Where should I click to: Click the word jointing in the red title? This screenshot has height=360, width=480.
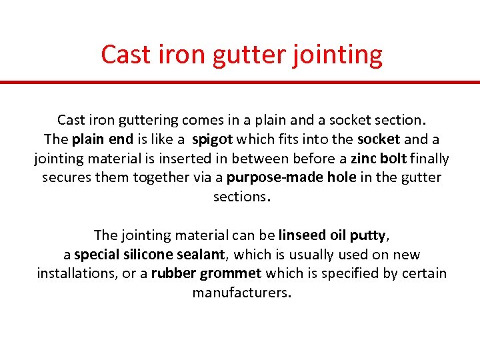pyautogui.click(x=337, y=55)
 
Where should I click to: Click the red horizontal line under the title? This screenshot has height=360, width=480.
pyautogui.click(x=240, y=83)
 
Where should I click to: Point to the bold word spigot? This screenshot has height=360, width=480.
pyautogui.click(x=211, y=140)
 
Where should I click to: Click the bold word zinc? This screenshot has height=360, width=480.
pyautogui.click(x=364, y=159)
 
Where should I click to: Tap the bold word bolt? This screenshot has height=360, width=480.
pyautogui.click(x=393, y=159)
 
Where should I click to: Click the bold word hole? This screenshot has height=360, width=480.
pyautogui.click(x=337, y=178)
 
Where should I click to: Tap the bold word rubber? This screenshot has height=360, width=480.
pyautogui.click(x=171, y=274)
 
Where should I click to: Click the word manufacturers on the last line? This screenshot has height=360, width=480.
pyautogui.click(x=241, y=293)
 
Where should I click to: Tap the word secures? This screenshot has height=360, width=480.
pyautogui.click(x=65, y=178)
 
